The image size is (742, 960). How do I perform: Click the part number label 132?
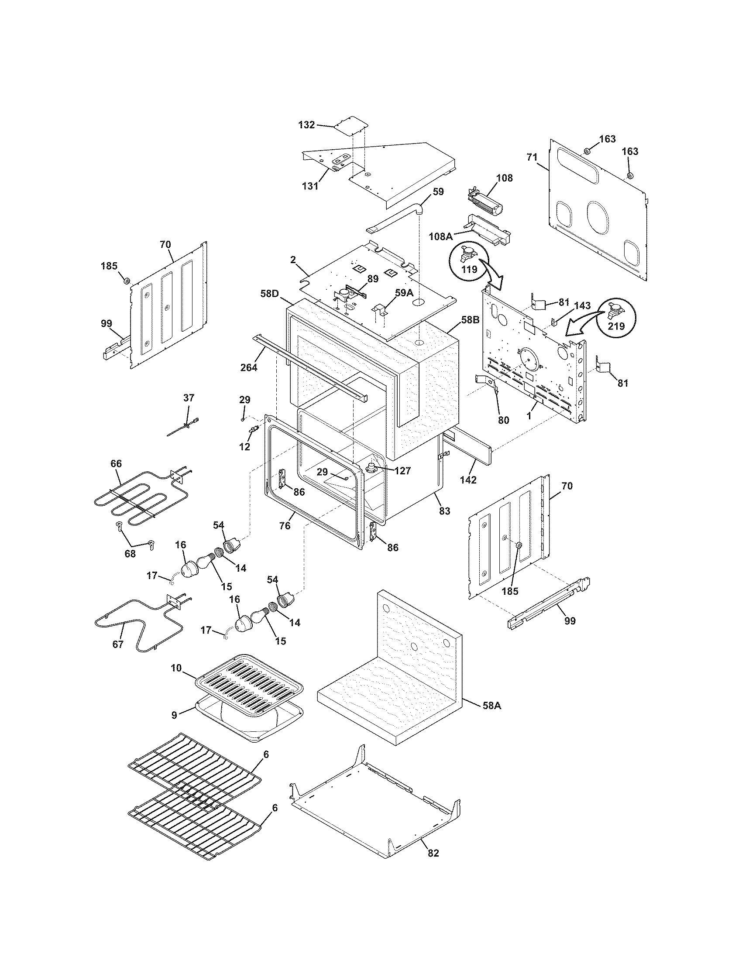click(306, 125)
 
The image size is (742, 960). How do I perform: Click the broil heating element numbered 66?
click(132, 499)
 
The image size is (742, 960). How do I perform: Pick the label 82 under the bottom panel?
click(433, 841)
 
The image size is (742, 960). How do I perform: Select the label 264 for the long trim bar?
click(249, 367)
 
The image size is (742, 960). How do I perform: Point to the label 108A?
click(441, 237)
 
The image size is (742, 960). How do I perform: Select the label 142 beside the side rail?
click(468, 480)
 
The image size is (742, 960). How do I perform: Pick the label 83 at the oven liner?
click(444, 511)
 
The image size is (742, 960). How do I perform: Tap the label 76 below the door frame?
click(285, 525)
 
